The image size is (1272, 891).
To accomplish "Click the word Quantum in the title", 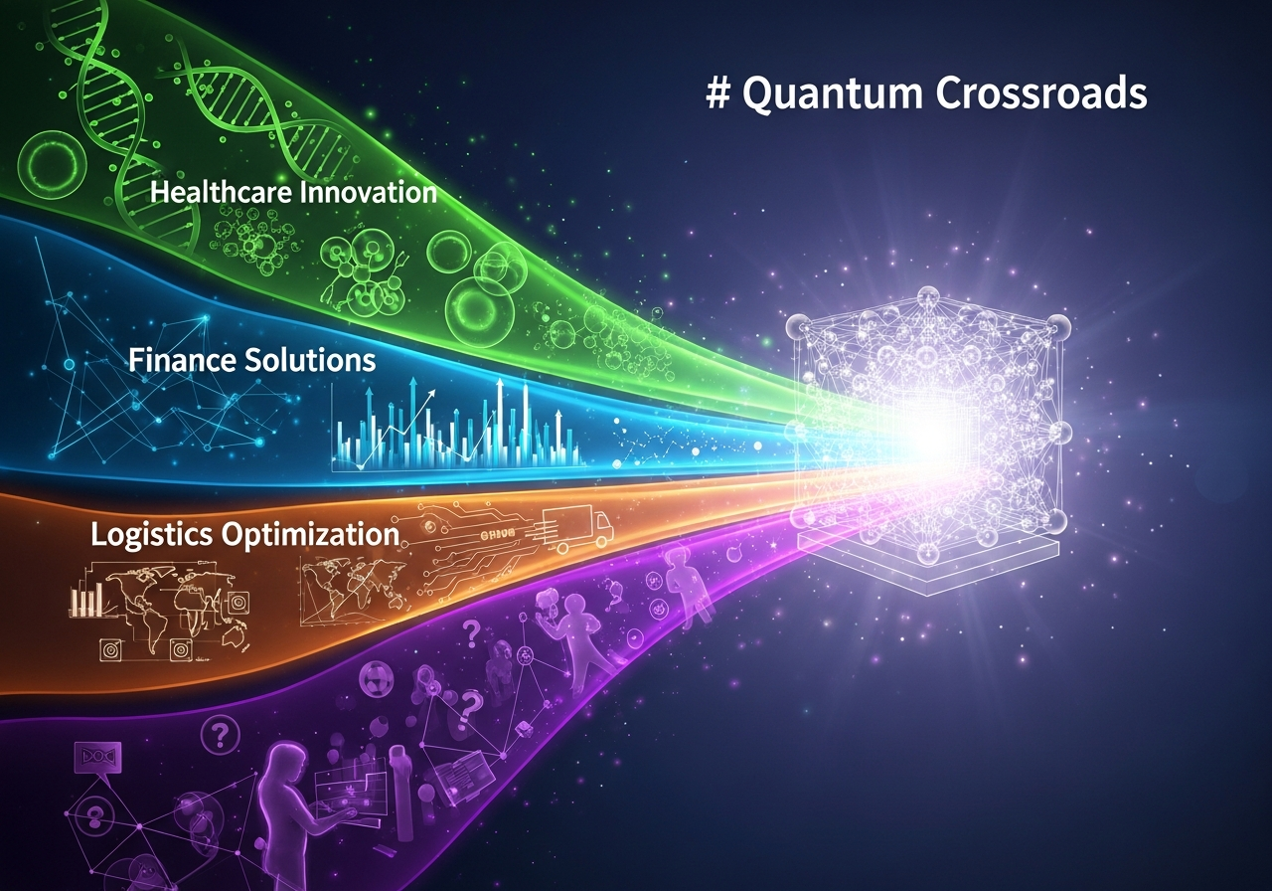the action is pyautogui.click(x=833, y=94).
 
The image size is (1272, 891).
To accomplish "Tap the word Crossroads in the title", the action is pyautogui.click(x=1041, y=92).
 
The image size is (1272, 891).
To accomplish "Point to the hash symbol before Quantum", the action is pyautogui.click(x=718, y=92).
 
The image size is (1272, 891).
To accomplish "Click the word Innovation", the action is pyautogui.click(x=368, y=192).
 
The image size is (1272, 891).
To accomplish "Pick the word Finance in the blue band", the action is pyautogui.click(x=181, y=360).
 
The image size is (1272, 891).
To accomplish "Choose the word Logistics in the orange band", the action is pyautogui.click(x=152, y=535).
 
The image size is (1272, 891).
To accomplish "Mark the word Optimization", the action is pyautogui.click(x=310, y=535).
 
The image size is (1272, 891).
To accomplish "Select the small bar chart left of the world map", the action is pyautogui.click(x=85, y=600).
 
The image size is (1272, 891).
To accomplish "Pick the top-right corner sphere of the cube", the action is pyautogui.click(x=1056, y=329).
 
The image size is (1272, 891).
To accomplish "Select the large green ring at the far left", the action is pyautogui.click(x=53, y=165).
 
